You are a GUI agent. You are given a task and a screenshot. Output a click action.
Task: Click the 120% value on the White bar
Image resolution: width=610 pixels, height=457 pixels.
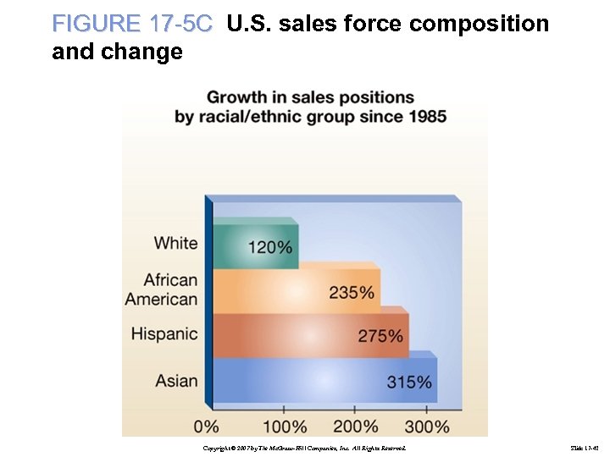[x=270, y=248]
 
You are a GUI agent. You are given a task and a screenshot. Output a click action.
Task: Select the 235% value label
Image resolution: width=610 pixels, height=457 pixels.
[x=352, y=293]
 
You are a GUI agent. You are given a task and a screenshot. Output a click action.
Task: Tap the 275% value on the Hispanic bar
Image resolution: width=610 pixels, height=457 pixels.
[x=380, y=336]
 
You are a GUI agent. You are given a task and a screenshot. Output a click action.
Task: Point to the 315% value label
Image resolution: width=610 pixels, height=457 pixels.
[x=409, y=382]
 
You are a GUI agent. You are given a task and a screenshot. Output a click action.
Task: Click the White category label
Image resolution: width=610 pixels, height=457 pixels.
[x=175, y=244]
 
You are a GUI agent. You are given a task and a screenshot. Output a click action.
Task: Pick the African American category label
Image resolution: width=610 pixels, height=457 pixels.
[x=162, y=289]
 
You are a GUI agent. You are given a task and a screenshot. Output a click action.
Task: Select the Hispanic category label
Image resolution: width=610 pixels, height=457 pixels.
[x=164, y=334]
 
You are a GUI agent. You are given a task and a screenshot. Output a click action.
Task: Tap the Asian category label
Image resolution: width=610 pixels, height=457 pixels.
[x=176, y=380]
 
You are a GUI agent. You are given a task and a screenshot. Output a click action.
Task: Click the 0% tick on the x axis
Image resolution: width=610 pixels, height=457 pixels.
[x=206, y=426]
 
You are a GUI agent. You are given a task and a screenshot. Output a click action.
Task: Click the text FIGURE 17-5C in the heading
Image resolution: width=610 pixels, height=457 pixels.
[x=132, y=25]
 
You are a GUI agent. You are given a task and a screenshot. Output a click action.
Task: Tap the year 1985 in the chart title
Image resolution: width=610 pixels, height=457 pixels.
[x=422, y=117]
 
